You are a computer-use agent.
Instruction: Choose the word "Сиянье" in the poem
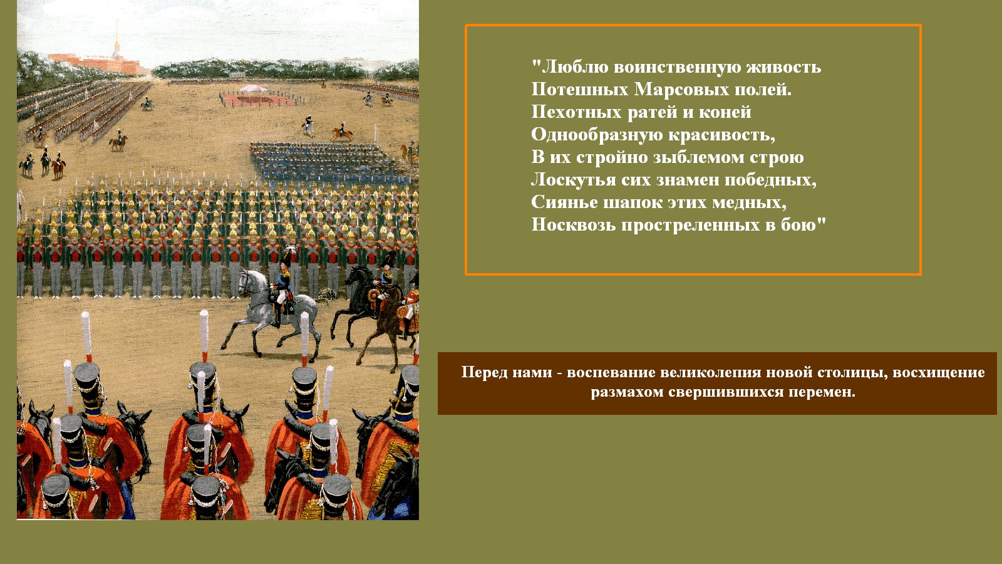tap(564, 202)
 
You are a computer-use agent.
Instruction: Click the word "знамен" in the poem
tap(688, 180)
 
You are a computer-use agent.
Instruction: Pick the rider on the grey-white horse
tap(282, 286)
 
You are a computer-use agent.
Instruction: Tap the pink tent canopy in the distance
tap(253, 88)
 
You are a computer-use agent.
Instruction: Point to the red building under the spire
tap(96, 63)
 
